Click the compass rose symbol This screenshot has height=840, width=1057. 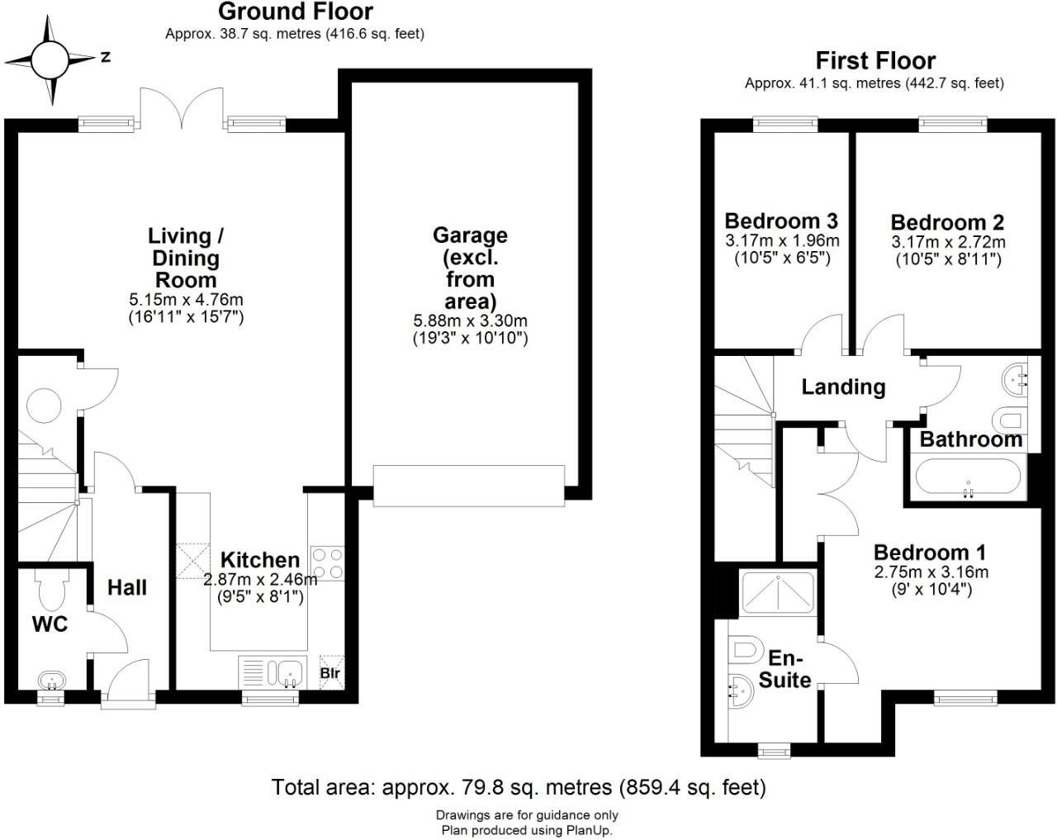point(50,60)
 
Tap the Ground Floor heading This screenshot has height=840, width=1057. point(296,12)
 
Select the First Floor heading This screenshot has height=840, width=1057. point(875,61)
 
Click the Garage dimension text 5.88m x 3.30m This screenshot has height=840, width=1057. point(470,320)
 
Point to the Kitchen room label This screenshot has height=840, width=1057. point(260,560)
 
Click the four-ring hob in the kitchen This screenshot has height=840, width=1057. point(327,563)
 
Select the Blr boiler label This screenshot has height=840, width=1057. point(330,673)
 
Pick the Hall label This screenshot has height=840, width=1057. point(127,587)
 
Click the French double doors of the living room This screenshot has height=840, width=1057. point(182,109)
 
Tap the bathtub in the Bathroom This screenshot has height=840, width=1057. point(968,476)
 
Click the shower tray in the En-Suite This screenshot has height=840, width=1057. point(777,593)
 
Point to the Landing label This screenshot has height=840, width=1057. point(843,387)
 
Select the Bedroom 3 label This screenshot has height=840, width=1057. point(781,221)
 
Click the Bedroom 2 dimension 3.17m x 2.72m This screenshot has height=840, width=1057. point(948,242)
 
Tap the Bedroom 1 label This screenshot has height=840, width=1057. point(930,553)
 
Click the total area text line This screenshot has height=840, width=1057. point(519,787)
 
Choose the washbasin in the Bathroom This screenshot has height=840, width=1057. point(1014,378)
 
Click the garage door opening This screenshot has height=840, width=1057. point(469,486)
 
